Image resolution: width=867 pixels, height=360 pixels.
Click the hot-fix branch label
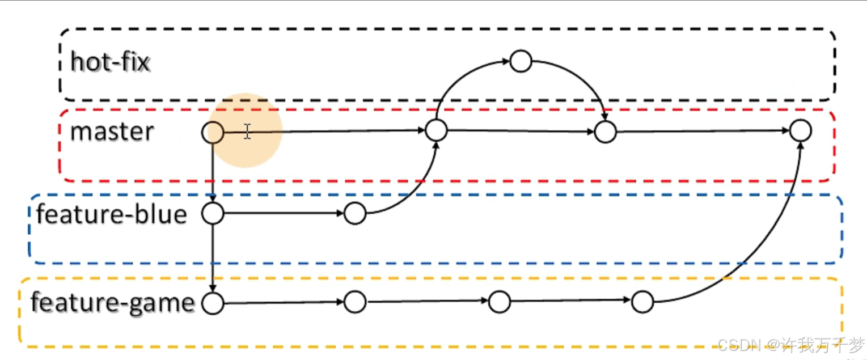coord(110,61)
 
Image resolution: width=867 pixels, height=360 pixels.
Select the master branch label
coord(112,132)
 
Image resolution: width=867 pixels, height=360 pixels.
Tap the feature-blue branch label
coord(111,215)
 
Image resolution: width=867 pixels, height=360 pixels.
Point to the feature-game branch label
coord(112,303)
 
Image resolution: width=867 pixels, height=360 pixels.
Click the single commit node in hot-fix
coord(521,61)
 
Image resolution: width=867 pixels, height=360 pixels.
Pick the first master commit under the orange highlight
coord(213,133)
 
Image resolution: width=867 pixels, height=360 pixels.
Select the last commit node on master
coord(800,131)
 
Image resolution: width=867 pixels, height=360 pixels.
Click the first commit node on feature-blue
coord(213,214)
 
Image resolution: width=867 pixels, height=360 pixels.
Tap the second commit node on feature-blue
coord(355,214)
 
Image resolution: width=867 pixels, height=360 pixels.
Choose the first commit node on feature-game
coord(213,303)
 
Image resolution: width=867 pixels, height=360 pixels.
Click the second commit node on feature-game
coord(355,302)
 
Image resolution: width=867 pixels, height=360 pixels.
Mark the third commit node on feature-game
coord(499,302)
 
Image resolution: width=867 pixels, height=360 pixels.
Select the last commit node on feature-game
coord(642,302)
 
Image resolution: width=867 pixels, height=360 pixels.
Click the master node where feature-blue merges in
coord(436,130)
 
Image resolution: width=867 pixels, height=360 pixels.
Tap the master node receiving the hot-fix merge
coord(605,132)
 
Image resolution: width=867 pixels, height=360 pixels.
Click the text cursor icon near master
coord(247,132)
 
